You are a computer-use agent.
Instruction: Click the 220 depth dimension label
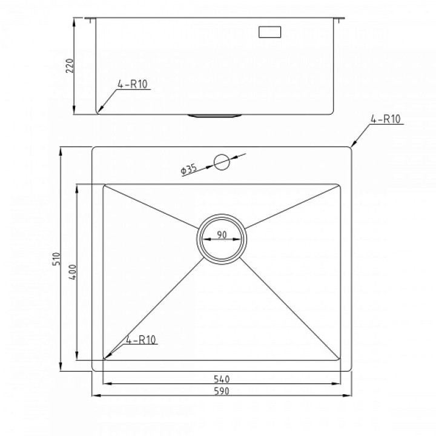(x=70, y=65)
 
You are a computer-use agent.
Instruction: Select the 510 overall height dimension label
(x=56, y=259)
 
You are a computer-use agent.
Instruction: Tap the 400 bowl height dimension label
(x=72, y=272)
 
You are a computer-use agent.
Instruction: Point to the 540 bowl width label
(x=222, y=379)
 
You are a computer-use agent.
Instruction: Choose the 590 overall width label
(x=222, y=391)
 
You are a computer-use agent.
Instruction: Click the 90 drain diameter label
(x=222, y=235)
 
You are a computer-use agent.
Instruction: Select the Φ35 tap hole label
(x=189, y=170)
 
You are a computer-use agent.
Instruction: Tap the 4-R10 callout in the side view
(x=133, y=84)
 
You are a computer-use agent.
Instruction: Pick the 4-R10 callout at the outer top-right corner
(x=385, y=119)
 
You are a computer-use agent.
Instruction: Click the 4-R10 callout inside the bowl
(x=140, y=340)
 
